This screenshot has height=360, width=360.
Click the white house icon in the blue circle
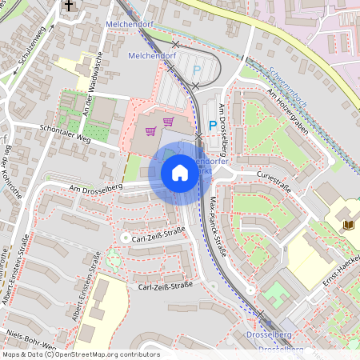[179, 173]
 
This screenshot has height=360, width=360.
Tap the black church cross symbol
[68, 6]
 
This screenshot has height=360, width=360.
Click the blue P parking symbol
[212, 126]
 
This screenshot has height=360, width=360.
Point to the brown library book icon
[348, 225]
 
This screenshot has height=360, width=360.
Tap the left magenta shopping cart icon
[150, 130]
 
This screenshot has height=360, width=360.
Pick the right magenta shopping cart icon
[168, 122]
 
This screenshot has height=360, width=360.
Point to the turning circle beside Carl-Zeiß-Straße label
[124, 238]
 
